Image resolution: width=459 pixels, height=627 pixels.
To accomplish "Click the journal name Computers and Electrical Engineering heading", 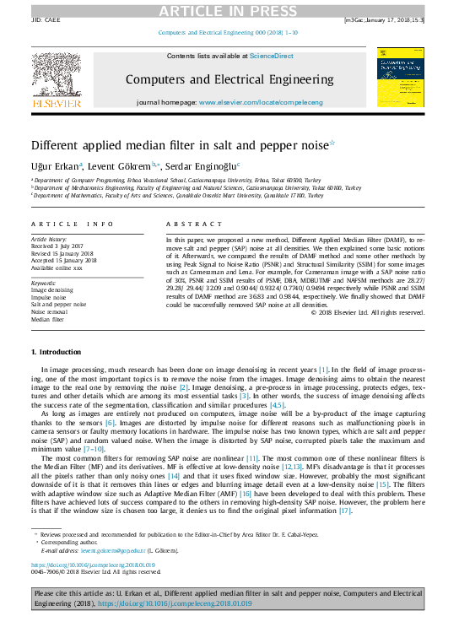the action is click(x=229, y=79).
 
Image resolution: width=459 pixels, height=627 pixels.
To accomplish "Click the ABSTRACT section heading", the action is click(x=186, y=224).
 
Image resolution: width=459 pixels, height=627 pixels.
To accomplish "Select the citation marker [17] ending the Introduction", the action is click(x=344, y=511).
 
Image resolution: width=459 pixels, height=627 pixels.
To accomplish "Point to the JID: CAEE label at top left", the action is click(x=45, y=19).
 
